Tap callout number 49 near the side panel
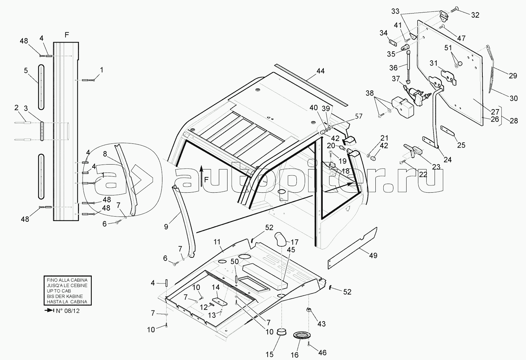[x=373, y=255]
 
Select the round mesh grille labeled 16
[x=301, y=335]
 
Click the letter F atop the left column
[x=67, y=35]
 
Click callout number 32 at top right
[x=475, y=15]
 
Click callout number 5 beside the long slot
[x=26, y=71]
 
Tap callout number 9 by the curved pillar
[x=166, y=227]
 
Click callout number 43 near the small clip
[x=322, y=324]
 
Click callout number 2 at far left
[x=16, y=108]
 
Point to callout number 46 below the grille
[x=322, y=353]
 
